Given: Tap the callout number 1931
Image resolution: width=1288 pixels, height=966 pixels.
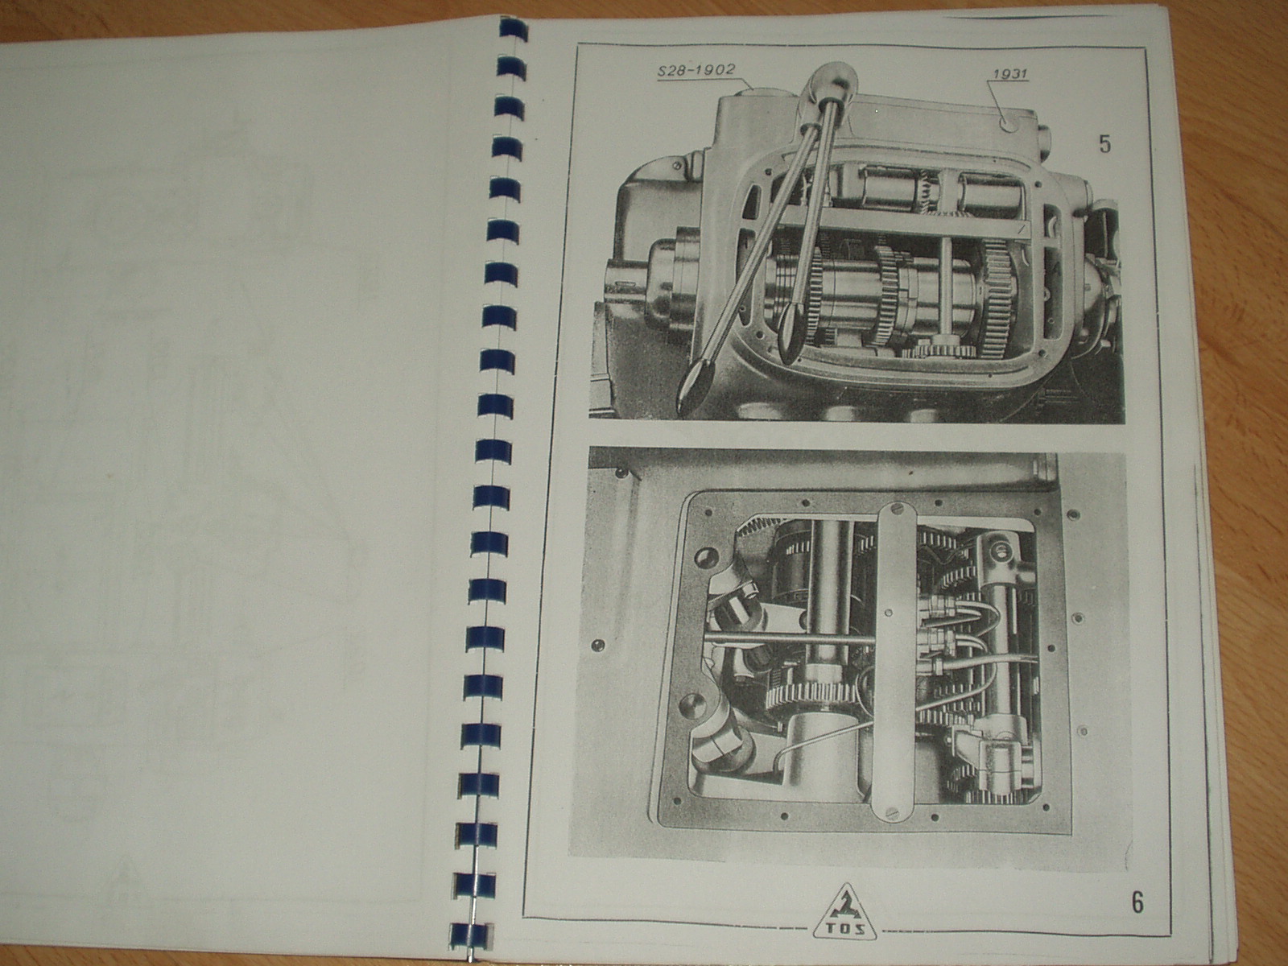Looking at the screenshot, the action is click(1010, 74).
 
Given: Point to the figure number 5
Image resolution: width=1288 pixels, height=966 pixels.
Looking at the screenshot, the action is click(1105, 144).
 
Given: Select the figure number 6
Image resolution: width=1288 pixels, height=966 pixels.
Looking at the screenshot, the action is click(1137, 902).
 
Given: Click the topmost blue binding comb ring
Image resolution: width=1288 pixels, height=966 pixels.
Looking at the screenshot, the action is click(512, 27).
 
